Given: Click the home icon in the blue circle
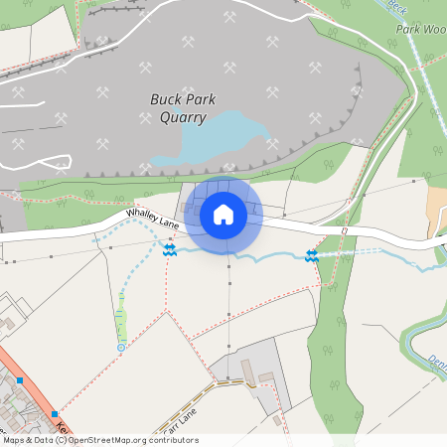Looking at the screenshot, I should (223, 214).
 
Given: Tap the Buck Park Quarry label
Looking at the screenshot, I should (183, 108).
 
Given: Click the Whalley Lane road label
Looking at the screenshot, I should (151, 220).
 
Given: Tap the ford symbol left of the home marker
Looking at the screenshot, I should (170, 251).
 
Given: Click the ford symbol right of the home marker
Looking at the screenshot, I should (311, 256).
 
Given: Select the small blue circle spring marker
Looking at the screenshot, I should (121, 348).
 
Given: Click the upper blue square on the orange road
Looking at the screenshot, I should (19, 379).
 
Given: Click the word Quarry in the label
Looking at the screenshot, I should (183, 118).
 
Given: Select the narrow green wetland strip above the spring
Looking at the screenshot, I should (121, 322).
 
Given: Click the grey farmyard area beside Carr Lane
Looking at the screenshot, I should (248, 372).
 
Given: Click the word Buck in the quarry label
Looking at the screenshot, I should (166, 99).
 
